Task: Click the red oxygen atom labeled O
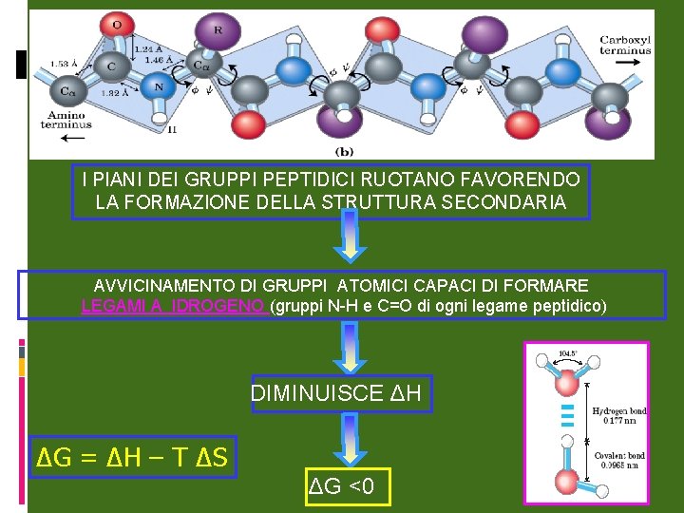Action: coord(117,25)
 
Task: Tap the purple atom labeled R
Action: coord(218,30)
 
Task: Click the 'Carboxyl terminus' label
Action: coord(625,45)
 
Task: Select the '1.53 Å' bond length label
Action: coord(61,64)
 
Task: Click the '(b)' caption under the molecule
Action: coord(345,150)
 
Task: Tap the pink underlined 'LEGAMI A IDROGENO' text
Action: coord(174,306)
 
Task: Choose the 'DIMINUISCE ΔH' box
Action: coord(342,393)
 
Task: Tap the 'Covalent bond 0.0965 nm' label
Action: coord(618,461)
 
